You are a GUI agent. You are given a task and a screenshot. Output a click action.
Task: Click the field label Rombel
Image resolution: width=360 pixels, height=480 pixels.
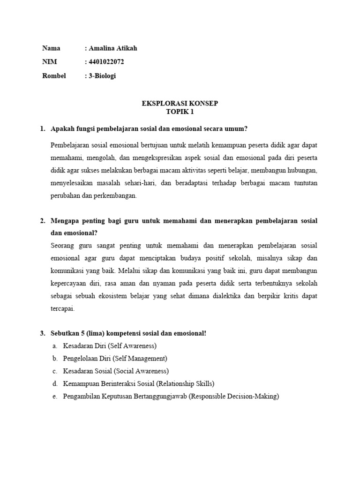(54, 75)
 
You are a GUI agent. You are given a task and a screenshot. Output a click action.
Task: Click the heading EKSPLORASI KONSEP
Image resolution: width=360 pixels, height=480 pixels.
(180, 103)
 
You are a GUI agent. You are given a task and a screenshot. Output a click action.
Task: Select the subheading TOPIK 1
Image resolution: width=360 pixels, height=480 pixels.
(180, 112)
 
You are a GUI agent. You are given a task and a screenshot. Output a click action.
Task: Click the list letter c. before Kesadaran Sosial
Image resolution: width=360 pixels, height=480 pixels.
(54, 371)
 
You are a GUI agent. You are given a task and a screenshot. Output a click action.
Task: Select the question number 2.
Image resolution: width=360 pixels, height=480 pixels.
(42, 220)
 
